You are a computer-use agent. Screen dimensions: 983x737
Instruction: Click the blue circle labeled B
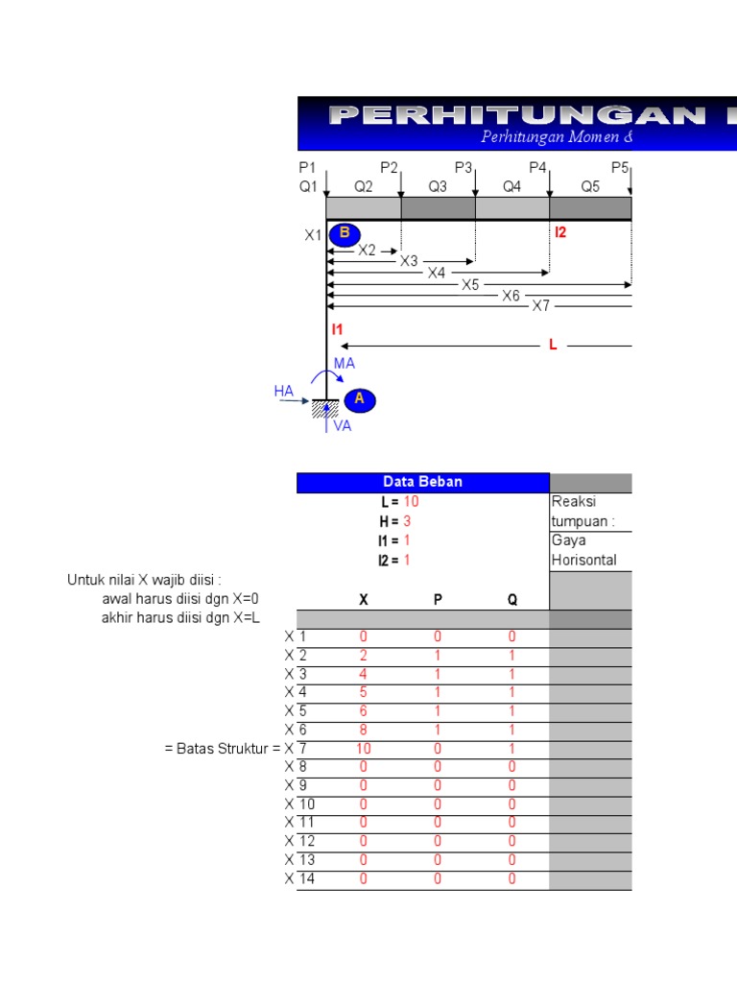[x=345, y=234]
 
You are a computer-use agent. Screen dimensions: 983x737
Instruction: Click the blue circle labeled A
[x=360, y=399]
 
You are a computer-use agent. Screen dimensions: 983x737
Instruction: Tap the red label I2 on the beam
[x=560, y=232]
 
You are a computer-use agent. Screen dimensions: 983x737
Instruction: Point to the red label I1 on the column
[x=337, y=329]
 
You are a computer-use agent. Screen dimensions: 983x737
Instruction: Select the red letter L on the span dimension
[x=553, y=345]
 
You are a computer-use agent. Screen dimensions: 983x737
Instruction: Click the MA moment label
[x=345, y=364]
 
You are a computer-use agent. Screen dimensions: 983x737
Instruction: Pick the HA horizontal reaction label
[x=284, y=391]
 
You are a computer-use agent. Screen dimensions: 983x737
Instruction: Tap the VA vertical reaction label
[x=343, y=426]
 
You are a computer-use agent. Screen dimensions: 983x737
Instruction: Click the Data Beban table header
[x=422, y=482]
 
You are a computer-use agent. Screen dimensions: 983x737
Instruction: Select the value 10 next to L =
[x=411, y=501]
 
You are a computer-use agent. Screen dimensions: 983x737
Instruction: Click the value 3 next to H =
[x=407, y=520]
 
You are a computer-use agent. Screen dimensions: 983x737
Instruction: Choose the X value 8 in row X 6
[x=364, y=730]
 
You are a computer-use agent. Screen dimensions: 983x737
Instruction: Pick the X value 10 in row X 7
[x=364, y=748]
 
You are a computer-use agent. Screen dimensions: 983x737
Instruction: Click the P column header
[x=438, y=600]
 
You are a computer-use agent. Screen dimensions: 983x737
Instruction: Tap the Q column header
[x=511, y=600]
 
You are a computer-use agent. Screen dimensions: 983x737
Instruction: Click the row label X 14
[x=301, y=878]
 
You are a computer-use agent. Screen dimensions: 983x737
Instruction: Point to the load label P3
[x=464, y=168]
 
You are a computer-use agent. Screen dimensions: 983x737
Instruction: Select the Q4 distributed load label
[x=511, y=187]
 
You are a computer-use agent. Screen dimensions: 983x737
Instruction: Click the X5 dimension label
[x=470, y=285]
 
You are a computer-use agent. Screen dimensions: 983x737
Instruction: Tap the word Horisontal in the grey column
[x=583, y=560]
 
